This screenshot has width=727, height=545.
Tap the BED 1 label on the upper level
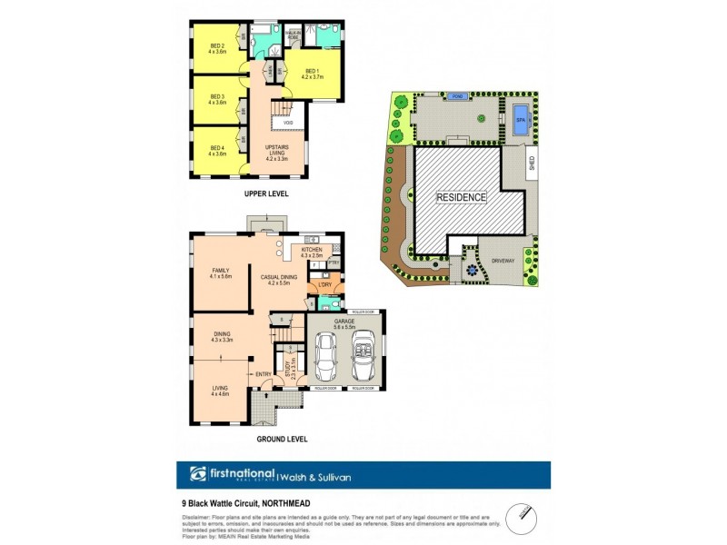pos(312,74)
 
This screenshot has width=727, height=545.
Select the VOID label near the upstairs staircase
pos(288,123)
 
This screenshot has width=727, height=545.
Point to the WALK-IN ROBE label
pos(294,34)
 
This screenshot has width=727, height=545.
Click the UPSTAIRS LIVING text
pos(277,150)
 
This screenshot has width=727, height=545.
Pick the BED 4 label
pos(216,150)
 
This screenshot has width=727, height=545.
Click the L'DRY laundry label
pos(324,285)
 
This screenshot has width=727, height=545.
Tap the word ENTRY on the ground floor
pos(264,374)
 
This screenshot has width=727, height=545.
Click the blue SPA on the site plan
pos(521,120)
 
